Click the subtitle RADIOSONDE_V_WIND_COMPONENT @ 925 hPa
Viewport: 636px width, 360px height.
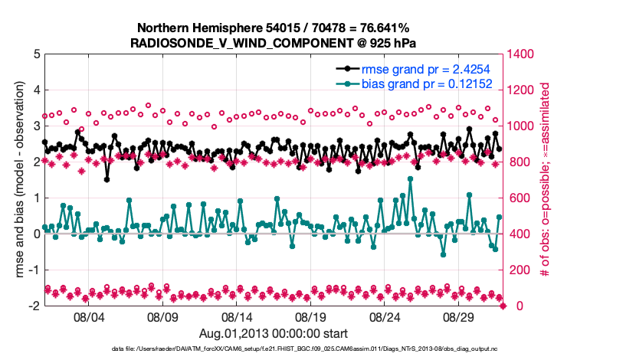(274, 43)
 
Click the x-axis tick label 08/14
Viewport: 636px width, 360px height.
(237, 316)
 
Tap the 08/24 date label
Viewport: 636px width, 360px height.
(385, 316)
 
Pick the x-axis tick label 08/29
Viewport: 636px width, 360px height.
(460, 316)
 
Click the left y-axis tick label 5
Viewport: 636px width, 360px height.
(37, 54)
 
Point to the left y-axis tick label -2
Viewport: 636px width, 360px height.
(34, 306)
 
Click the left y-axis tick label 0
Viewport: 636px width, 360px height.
(37, 234)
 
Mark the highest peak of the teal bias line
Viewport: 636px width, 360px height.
(411, 178)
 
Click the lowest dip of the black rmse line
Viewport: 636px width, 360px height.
(107, 179)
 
